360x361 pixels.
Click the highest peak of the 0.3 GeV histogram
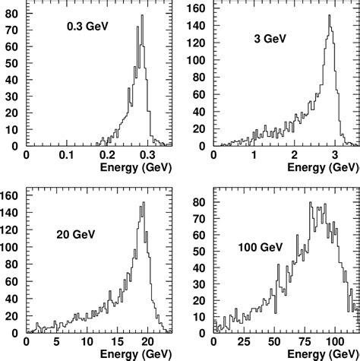141,17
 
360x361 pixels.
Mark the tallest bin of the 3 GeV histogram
329,17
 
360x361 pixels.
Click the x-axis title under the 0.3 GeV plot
134,166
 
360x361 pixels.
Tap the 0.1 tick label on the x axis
67,155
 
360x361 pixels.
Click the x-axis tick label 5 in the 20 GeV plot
56,342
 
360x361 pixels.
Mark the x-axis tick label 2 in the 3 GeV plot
293,155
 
